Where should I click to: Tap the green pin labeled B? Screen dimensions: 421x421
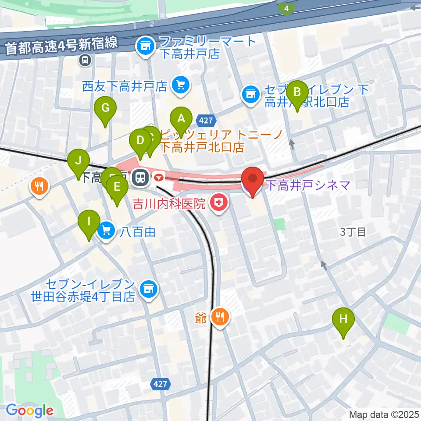(297, 93)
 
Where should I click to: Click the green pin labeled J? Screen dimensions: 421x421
(78, 161)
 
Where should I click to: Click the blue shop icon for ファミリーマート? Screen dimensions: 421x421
(145, 46)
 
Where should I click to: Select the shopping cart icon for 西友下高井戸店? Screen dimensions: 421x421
(180, 85)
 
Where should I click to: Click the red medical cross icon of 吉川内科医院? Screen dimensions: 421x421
(217, 203)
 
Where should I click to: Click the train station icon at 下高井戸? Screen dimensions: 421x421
(141, 177)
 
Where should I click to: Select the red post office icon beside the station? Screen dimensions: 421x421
(159, 178)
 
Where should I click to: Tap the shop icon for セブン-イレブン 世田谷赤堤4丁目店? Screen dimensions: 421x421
(148, 289)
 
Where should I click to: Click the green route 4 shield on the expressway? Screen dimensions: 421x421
(286, 8)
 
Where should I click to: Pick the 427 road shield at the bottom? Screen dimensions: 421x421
(161, 384)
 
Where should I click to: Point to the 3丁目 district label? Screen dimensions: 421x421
(353, 232)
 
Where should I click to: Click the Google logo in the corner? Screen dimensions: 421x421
(29, 410)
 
